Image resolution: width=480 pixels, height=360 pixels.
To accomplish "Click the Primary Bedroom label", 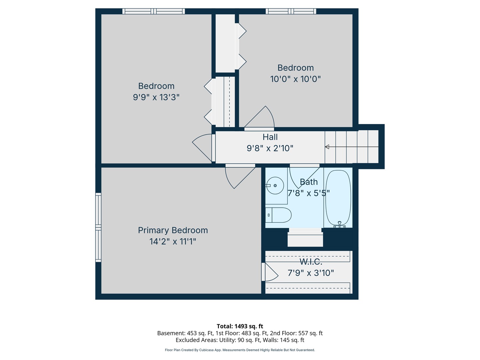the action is [173, 230].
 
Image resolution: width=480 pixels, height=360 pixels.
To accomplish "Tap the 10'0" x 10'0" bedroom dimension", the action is [295, 79].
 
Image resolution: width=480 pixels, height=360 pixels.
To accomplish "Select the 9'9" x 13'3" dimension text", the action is [156, 97].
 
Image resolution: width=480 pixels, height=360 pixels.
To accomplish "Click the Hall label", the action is [270, 137].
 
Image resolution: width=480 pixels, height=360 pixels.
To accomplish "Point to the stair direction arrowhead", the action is [327, 147].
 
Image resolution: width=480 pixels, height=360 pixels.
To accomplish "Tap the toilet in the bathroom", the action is [278, 215].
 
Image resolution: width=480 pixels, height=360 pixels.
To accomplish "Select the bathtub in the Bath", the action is [338, 198].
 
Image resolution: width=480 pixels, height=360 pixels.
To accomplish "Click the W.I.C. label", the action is [311, 261].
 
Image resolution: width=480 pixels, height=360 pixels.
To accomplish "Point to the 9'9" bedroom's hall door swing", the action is [202, 148].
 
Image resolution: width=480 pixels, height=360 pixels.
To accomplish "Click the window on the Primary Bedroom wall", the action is [98, 227].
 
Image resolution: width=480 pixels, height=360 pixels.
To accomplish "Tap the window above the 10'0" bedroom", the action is [291, 11].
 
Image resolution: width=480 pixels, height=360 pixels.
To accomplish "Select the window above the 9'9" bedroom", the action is [154, 11].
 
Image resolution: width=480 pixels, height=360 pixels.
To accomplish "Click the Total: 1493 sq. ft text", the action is [240, 326].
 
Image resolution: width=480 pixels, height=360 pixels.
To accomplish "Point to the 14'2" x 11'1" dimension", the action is [173, 242].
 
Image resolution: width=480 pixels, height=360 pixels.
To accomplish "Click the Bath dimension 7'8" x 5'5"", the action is [309, 193].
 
